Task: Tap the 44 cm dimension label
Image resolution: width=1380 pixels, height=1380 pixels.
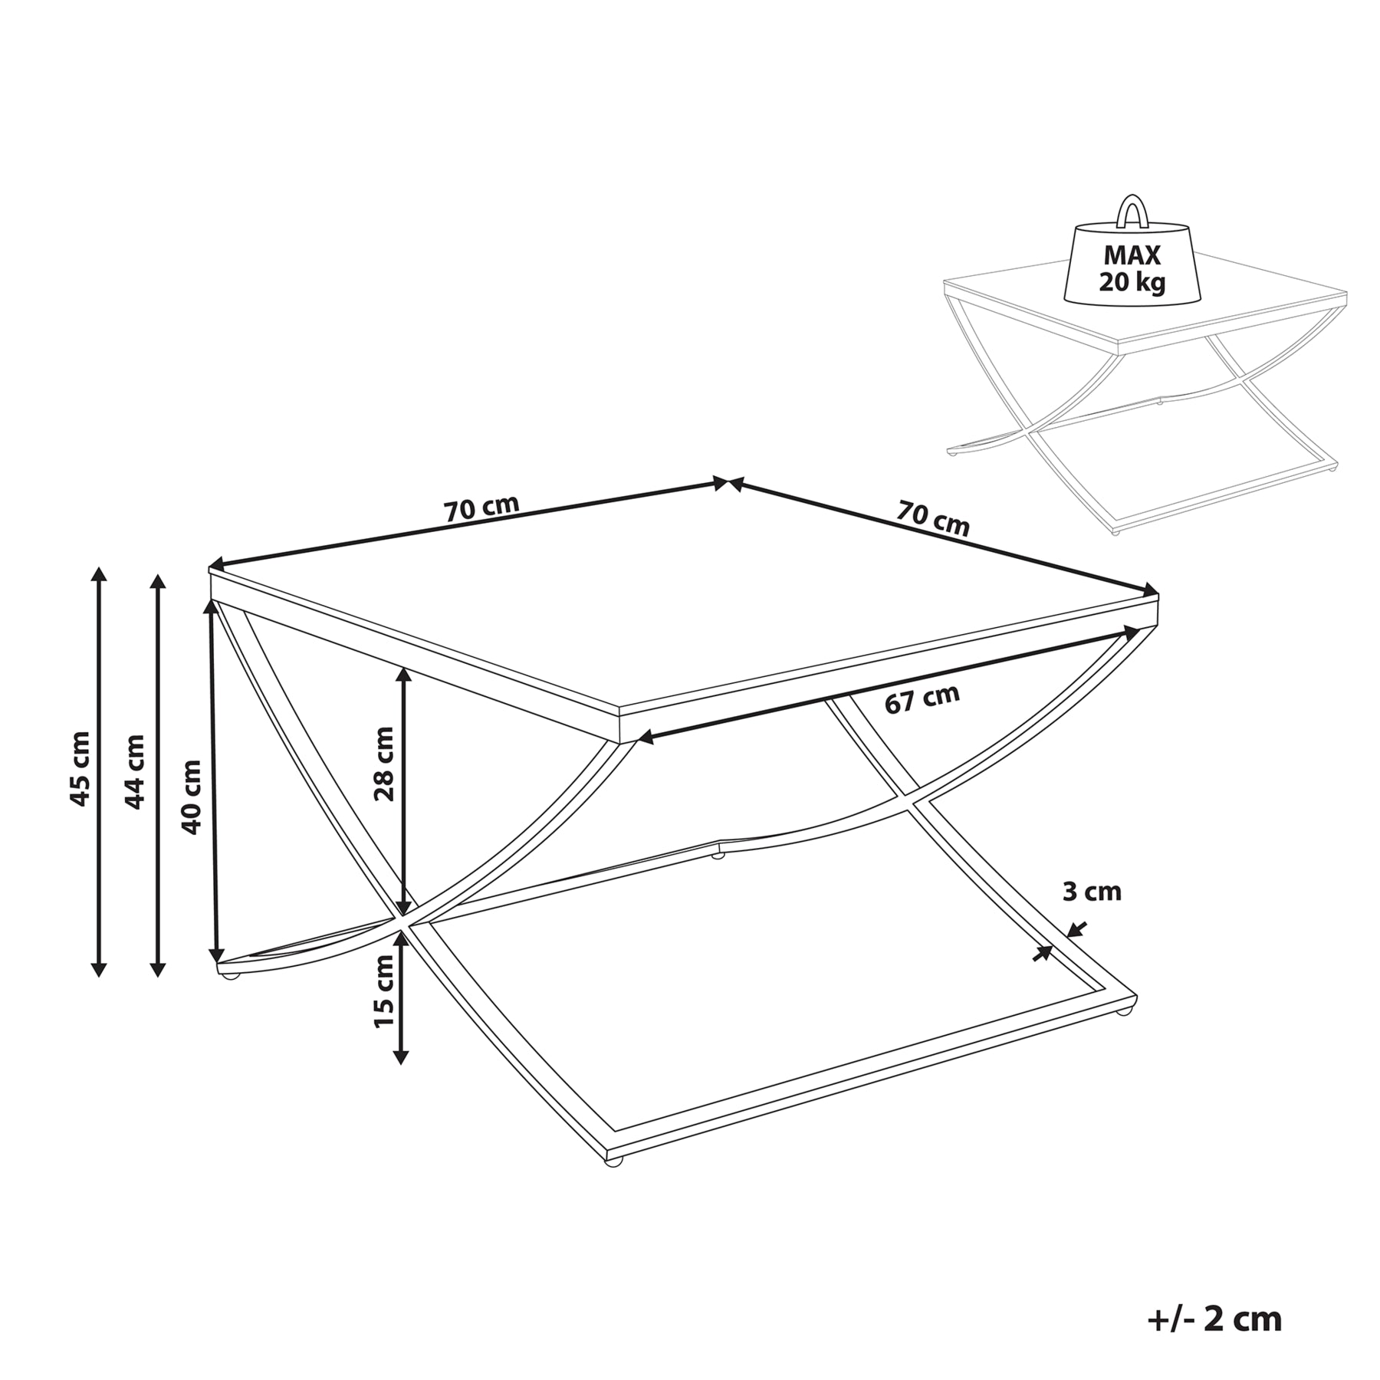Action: click(135, 771)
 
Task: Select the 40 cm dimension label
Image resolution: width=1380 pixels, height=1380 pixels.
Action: click(191, 797)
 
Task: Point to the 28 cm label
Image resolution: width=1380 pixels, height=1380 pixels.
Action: click(384, 764)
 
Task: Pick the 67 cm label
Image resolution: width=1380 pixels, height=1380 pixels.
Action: click(922, 699)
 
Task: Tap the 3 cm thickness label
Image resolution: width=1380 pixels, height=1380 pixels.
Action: click(1092, 892)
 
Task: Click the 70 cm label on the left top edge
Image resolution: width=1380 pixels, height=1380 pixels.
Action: click(482, 508)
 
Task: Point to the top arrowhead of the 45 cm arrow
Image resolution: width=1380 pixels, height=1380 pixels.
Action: click(98, 575)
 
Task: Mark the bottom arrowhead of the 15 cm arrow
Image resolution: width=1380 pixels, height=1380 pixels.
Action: click(399, 1057)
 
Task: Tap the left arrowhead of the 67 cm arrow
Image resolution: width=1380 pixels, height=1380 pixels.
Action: click(646, 738)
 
